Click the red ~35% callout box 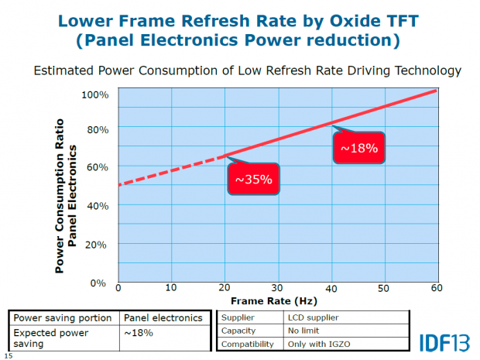(253, 180)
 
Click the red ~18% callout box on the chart (358, 147)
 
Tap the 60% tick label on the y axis (95, 167)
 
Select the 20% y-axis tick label (95, 244)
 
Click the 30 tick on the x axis (276, 288)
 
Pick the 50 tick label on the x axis (382, 288)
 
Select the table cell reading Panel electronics (163, 317)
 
